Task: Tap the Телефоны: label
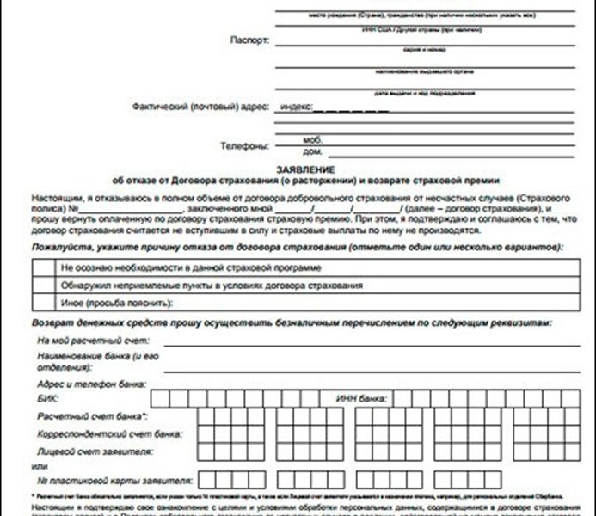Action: point(245,145)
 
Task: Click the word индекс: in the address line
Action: point(295,107)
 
